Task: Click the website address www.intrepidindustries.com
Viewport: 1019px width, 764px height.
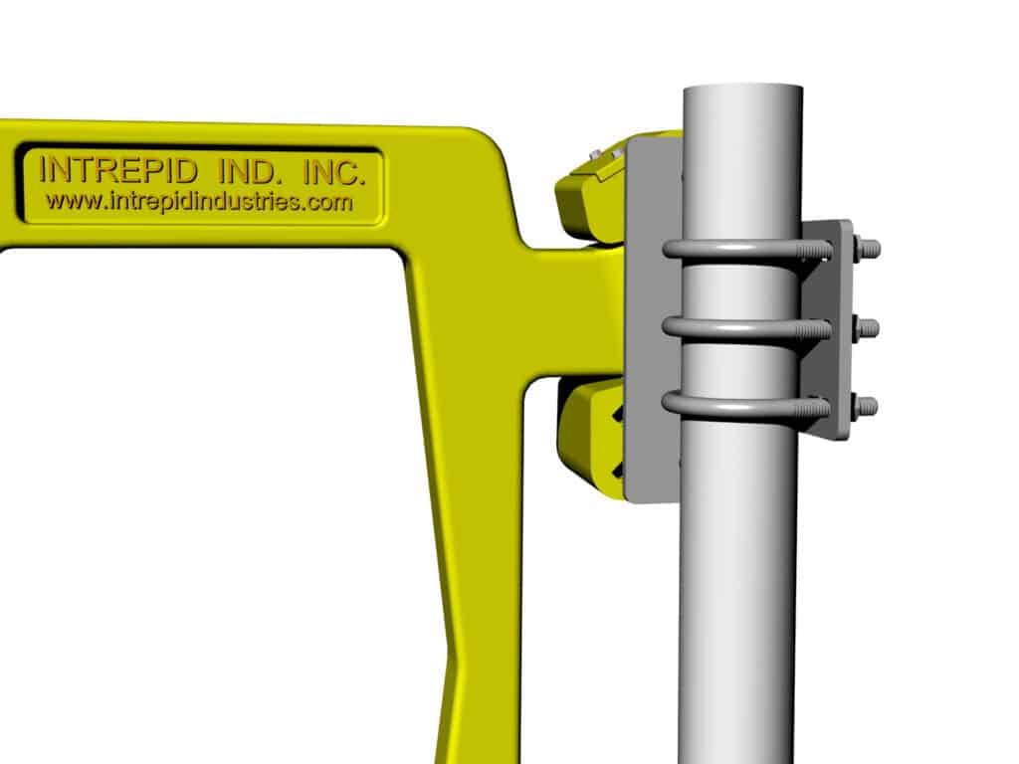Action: [199, 202]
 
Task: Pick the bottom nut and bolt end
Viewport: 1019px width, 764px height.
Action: [865, 405]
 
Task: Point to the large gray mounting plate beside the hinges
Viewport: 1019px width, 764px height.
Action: [652, 318]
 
